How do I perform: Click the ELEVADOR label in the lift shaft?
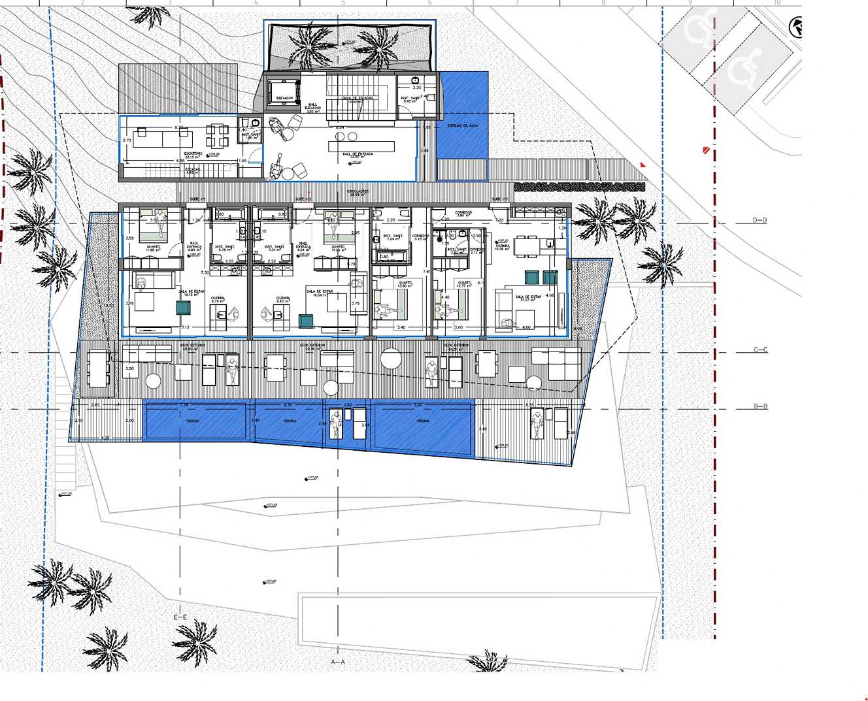click(284, 98)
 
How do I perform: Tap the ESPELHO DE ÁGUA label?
click(463, 125)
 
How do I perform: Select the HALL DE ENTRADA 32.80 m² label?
click(358, 155)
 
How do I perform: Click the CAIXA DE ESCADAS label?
click(358, 99)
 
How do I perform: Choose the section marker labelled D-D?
click(759, 221)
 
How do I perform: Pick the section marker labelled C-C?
click(760, 350)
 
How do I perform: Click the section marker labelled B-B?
click(760, 406)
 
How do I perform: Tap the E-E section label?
click(180, 617)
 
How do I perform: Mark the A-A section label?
click(338, 662)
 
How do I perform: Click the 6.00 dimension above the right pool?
click(418, 405)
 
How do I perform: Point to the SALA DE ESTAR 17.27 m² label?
click(527, 299)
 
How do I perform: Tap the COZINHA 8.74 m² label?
click(218, 299)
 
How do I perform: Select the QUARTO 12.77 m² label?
click(464, 284)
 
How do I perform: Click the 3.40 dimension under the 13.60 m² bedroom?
click(401, 327)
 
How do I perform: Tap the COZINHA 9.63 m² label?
click(282, 299)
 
